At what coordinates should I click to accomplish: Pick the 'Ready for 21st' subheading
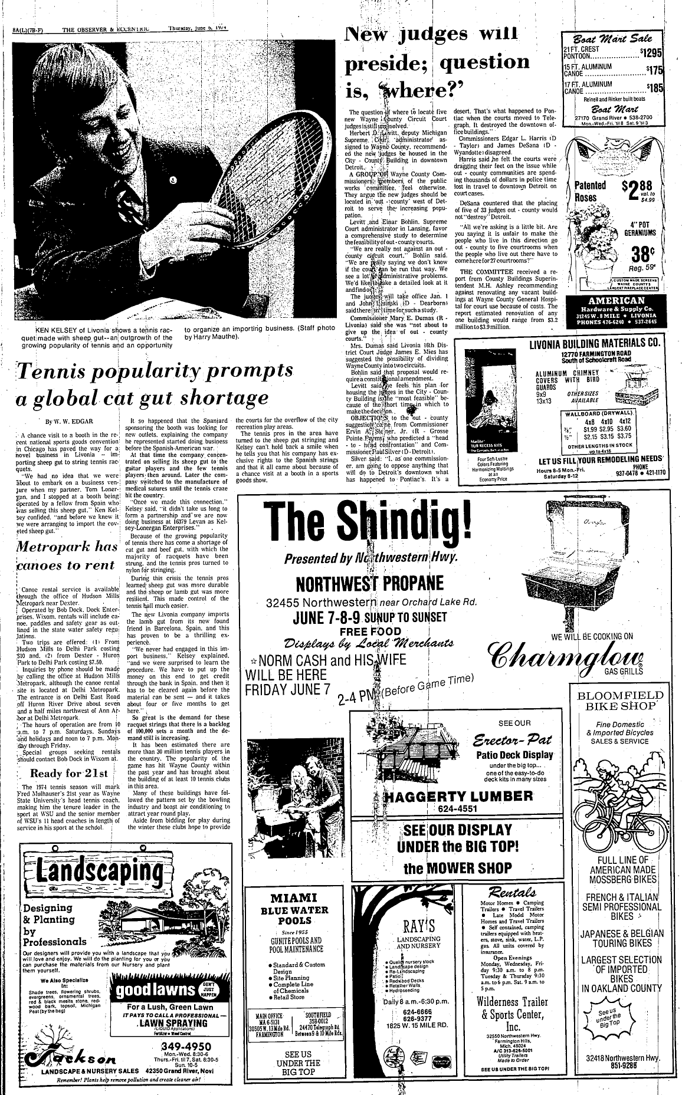coord(69,774)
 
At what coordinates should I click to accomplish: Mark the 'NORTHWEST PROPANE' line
coord(369,583)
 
